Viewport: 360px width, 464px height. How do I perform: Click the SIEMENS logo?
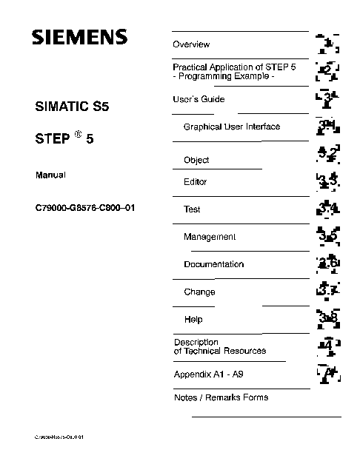(79, 37)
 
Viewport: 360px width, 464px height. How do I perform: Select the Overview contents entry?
(191, 45)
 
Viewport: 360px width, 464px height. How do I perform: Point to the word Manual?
(51, 175)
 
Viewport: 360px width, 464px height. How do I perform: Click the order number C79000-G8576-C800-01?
(85, 208)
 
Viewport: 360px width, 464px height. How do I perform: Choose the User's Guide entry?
(199, 99)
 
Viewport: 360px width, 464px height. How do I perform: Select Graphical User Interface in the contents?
(231, 127)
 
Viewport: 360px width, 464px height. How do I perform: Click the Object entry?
(196, 160)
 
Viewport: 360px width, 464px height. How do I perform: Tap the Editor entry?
(195, 182)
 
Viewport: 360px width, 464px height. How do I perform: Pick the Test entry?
(192, 209)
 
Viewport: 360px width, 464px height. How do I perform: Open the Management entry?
(210, 237)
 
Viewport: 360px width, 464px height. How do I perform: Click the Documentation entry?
(213, 264)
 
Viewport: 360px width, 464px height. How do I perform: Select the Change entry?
(199, 292)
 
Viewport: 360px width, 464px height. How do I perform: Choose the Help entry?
(193, 320)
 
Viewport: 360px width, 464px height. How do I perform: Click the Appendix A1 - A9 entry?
(208, 374)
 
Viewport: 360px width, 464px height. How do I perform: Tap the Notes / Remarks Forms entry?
(221, 397)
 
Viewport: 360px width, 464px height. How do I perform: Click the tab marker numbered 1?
(327, 44)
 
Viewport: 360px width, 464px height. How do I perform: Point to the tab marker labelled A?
(327, 374)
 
